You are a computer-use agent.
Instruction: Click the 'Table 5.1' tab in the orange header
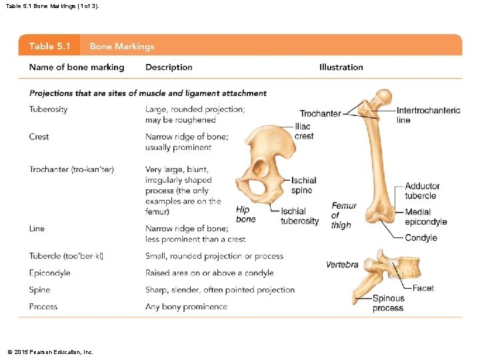point(51,46)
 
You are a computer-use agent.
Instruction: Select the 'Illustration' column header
point(341,67)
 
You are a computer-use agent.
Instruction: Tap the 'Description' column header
point(169,67)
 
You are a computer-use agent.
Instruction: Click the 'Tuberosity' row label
point(48,109)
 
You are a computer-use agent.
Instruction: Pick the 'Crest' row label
point(39,137)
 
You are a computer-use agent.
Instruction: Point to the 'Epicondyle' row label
point(49,273)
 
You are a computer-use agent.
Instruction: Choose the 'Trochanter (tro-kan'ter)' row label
point(71,169)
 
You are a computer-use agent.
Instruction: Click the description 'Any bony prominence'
point(186,307)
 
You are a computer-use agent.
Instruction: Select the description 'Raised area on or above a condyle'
point(209,273)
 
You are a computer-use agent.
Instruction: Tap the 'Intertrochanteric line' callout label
point(428,115)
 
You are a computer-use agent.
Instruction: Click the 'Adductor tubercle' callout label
point(422,191)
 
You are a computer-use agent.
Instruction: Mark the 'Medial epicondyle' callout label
point(425,217)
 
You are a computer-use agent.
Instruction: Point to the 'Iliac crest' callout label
point(303,131)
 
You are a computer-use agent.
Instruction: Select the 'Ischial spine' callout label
point(303,185)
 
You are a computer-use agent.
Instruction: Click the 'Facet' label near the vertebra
point(423,288)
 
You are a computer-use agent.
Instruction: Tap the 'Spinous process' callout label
point(388,303)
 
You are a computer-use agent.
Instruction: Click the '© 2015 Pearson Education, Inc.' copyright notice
point(50,351)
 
